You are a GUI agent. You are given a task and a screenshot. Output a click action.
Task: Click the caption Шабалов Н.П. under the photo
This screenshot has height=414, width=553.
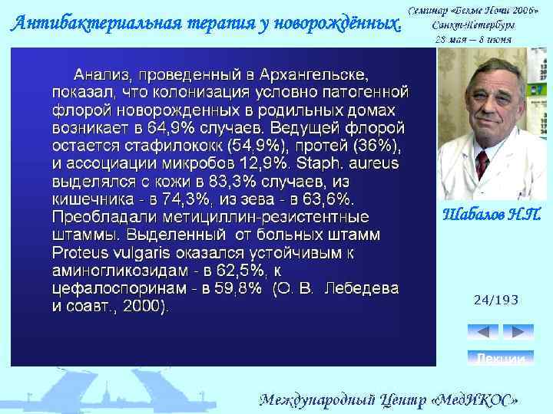coord(492,215)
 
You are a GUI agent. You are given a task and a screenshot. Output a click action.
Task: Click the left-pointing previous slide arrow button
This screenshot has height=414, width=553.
coord(482,332)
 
